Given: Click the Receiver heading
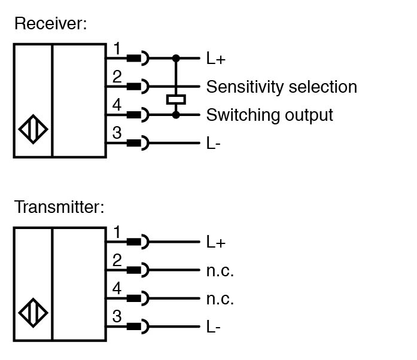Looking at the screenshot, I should [x=50, y=24].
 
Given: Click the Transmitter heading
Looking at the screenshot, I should [x=59, y=208].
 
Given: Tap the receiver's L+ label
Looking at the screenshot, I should [x=215, y=59].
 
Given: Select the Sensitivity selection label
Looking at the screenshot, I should [x=281, y=87].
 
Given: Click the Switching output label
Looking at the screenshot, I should [x=269, y=115].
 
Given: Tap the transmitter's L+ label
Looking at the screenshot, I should [x=215, y=242].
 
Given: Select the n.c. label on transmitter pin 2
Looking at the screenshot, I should [x=220, y=270].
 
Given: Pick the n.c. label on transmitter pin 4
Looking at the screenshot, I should [x=220, y=298].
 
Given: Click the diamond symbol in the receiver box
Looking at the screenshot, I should [x=34, y=129].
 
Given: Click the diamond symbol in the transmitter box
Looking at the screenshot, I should [x=34, y=313].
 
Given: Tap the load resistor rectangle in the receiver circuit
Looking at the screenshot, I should [x=176, y=99].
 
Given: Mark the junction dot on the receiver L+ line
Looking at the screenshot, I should [x=176, y=59].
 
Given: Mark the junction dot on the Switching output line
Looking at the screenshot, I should [x=176, y=114].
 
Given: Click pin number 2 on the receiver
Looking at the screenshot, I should [x=117, y=77].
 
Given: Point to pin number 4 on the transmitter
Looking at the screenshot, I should [x=117, y=289].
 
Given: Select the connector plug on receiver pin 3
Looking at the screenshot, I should [x=138, y=144].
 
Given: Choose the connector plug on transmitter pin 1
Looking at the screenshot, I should [x=138, y=242].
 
